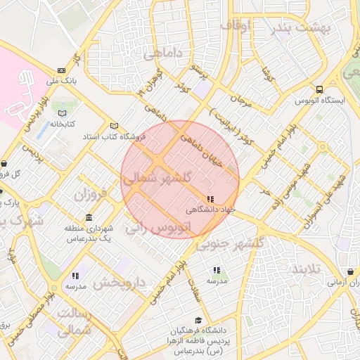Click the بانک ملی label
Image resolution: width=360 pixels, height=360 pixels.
(60, 82)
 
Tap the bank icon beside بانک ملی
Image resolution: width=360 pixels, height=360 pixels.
(61, 70)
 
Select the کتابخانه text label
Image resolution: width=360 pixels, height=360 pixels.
(63, 124)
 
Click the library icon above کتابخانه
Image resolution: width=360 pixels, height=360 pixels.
(63, 113)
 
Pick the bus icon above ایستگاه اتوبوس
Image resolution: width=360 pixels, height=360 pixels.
(320, 90)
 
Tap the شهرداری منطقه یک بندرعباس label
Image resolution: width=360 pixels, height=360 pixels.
(89, 234)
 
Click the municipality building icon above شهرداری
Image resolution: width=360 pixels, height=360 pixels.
(89, 218)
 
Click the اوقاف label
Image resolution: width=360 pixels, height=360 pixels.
(236, 25)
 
